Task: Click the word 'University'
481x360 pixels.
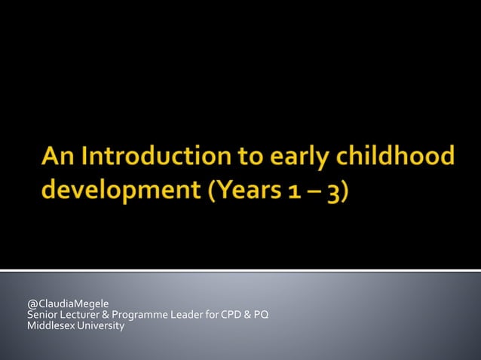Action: click(100, 325)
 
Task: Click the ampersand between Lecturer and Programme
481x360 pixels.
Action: click(106, 315)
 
